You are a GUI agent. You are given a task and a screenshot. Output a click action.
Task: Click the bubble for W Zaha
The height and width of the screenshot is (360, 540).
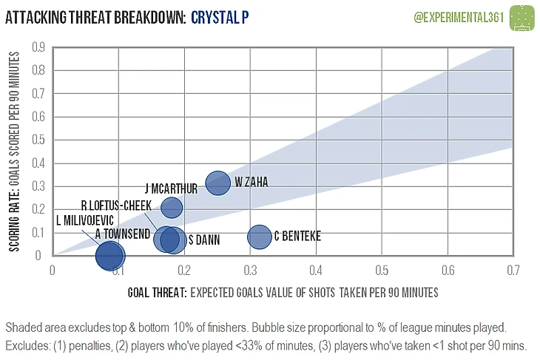click(217, 183)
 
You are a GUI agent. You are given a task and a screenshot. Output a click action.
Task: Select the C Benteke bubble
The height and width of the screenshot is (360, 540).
click(260, 237)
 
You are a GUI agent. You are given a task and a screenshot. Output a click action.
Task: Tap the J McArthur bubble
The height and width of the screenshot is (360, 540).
click(171, 208)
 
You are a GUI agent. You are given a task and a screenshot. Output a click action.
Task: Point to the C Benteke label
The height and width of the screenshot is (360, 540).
click(297, 237)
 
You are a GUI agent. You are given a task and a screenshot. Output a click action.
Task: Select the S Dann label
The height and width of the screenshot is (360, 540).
click(201, 240)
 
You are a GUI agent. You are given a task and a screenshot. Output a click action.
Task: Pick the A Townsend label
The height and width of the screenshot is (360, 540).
click(124, 234)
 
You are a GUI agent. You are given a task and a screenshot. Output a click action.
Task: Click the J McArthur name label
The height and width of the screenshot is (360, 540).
click(171, 189)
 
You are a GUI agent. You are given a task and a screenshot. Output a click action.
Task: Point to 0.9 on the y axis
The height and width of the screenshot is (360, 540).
click(38, 47)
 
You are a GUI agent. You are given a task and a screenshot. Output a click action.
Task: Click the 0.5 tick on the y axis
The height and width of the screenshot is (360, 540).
click(38, 140)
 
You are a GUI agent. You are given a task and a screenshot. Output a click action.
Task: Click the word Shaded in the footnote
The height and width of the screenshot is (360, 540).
click(21, 327)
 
